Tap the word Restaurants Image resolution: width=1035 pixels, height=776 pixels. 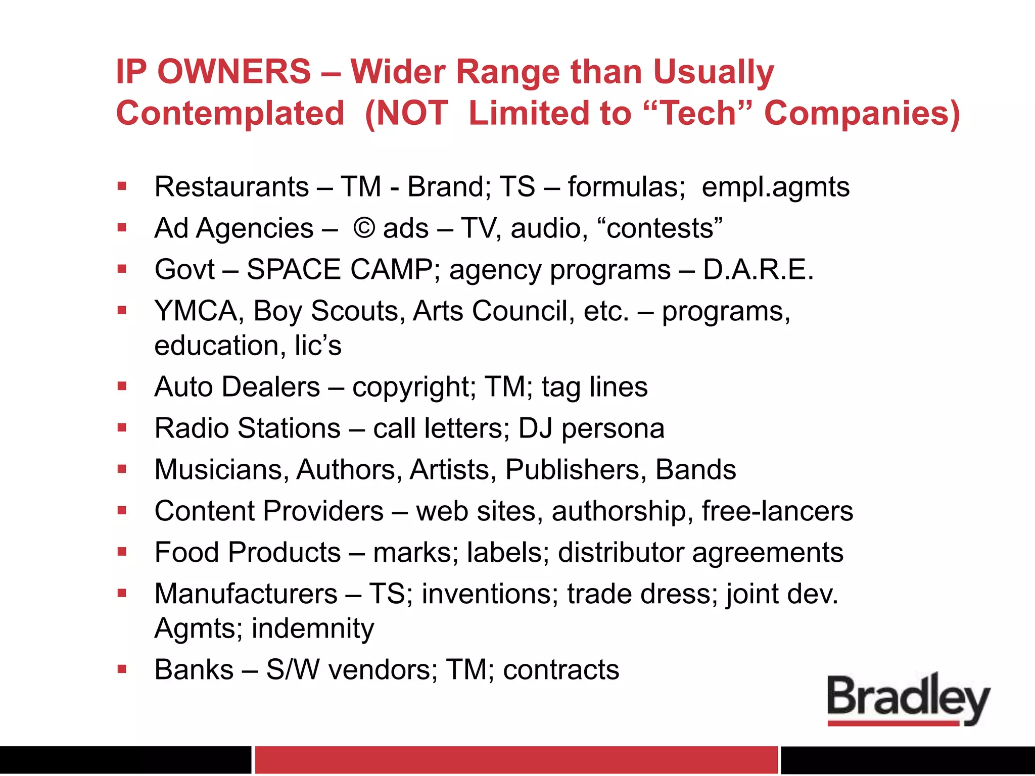(231, 187)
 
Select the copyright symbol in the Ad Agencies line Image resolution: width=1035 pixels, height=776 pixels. (364, 228)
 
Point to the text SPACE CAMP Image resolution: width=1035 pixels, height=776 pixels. (339, 269)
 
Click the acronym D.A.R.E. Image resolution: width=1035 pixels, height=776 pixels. (758, 269)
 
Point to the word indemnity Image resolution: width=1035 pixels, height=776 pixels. (313, 628)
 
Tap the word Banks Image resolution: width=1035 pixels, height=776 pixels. (194, 670)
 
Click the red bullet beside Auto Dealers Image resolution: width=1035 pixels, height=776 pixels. (122, 387)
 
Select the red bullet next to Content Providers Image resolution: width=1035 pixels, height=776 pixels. (122, 511)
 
